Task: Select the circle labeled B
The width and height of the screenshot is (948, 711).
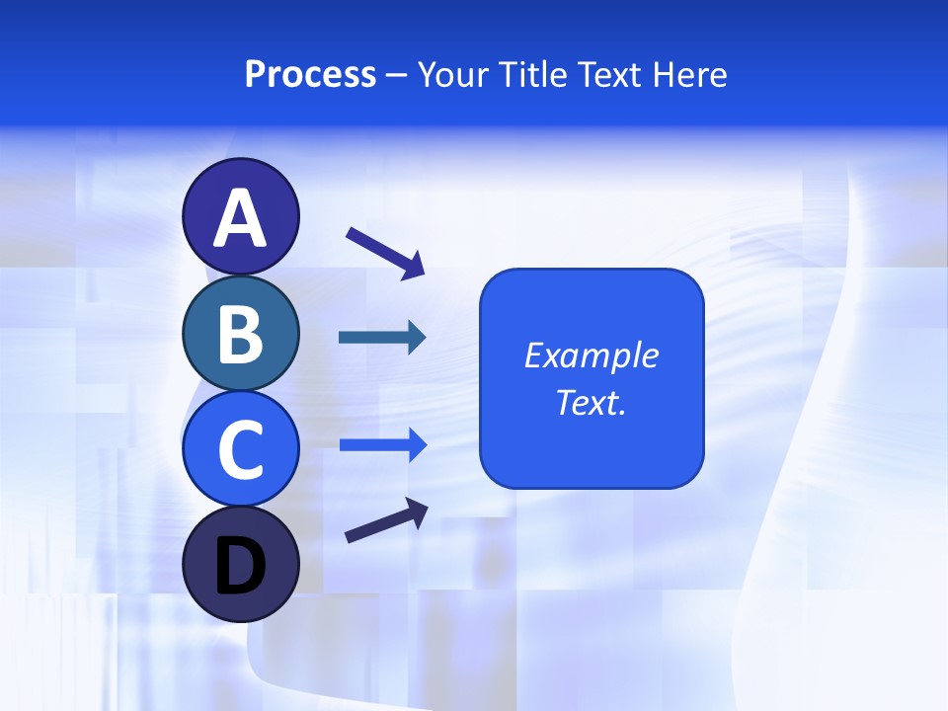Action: pyautogui.click(x=240, y=333)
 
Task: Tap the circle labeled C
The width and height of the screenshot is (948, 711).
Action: pyautogui.click(x=240, y=449)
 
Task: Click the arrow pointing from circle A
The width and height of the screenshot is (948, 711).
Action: pyautogui.click(x=385, y=253)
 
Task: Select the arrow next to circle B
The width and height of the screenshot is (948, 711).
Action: pyautogui.click(x=382, y=338)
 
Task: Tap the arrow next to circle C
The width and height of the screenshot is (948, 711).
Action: pyautogui.click(x=382, y=444)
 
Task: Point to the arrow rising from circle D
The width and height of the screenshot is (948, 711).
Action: pyautogui.click(x=386, y=520)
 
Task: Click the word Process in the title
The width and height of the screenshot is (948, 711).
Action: pyautogui.click(x=310, y=75)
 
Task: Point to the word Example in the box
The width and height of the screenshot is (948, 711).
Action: pyautogui.click(x=591, y=355)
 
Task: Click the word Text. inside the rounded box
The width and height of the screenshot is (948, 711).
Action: pyautogui.click(x=591, y=403)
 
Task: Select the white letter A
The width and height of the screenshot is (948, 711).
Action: pyautogui.click(x=240, y=218)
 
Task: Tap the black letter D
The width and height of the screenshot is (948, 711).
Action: pyautogui.click(x=240, y=567)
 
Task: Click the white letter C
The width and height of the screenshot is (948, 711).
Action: pyautogui.click(x=240, y=449)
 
